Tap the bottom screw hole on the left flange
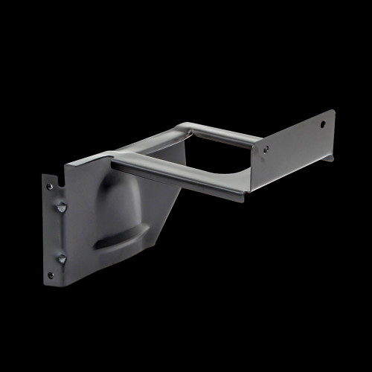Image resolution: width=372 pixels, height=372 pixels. [x=51, y=275]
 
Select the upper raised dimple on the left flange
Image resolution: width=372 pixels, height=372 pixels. [x=62, y=207]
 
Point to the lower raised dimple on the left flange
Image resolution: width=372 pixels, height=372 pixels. [x=62, y=258]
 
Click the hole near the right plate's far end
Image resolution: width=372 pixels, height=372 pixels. [x=323, y=124]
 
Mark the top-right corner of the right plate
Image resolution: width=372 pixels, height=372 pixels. [x=334, y=111]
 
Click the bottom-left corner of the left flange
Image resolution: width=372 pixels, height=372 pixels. [x=46, y=281]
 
